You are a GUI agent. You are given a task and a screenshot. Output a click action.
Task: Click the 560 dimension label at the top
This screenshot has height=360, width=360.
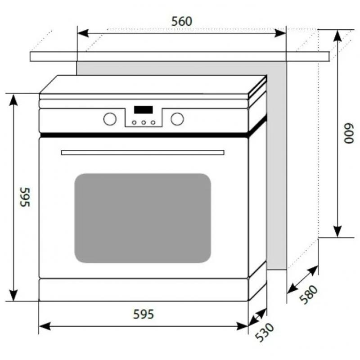(x=182, y=21)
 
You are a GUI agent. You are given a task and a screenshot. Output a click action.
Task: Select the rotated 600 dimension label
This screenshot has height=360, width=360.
(x=349, y=134)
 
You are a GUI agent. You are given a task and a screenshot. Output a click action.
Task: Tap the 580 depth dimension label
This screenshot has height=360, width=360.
(x=309, y=295)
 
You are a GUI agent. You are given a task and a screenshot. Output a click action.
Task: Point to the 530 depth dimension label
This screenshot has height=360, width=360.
(x=265, y=332)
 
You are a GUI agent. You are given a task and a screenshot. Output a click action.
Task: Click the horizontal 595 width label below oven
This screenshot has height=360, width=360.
(x=144, y=314)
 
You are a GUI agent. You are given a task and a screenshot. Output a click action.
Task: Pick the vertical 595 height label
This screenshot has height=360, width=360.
(x=25, y=197)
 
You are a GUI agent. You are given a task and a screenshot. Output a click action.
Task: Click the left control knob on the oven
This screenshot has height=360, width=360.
(x=110, y=119)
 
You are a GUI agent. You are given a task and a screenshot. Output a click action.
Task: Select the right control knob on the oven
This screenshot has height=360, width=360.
(x=177, y=119)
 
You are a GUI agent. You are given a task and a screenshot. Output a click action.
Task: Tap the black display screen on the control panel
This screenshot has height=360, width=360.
(x=143, y=109)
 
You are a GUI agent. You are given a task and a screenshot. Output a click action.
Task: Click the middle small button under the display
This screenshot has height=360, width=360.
(x=144, y=122)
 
